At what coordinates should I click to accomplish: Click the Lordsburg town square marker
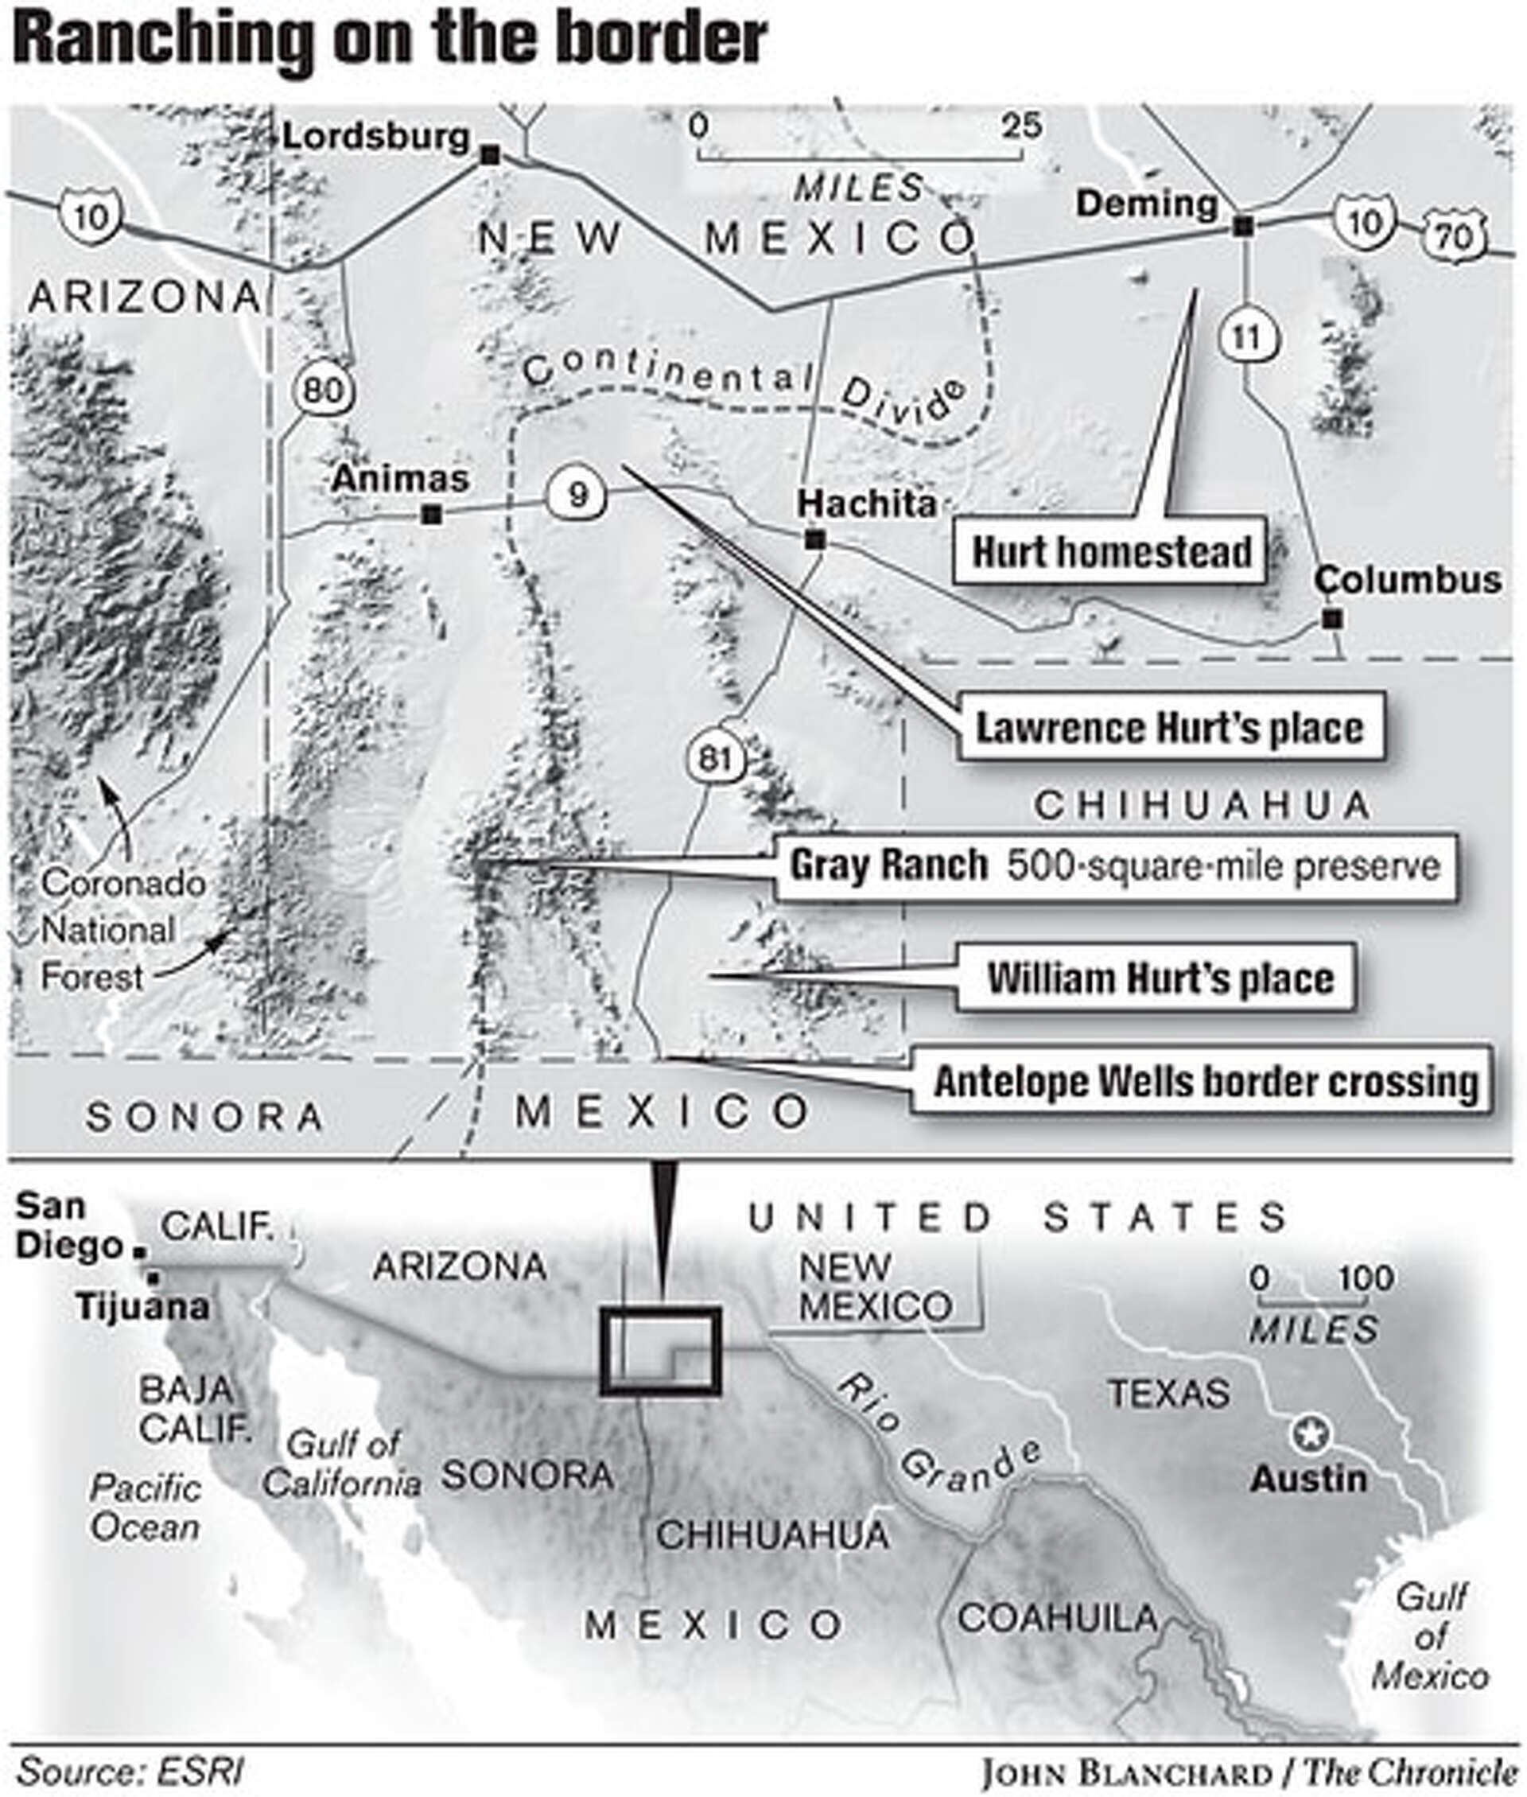tap(490, 155)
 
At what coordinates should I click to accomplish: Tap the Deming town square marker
tap(1243, 226)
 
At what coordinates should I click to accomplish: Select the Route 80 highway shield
tap(323, 390)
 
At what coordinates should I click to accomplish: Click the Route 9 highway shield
tap(577, 494)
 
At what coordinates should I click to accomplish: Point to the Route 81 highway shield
tap(715, 758)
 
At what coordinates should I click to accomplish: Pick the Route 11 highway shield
tap(1245, 336)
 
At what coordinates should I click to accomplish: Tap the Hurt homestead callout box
tap(1110, 552)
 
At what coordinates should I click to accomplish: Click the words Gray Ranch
tap(888, 865)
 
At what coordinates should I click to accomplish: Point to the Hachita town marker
tap(814, 540)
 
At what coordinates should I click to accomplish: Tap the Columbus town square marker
tap(1332, 619)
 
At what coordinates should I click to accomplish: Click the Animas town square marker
tap(430, 515)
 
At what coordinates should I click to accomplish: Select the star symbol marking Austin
tap(1310, 1435)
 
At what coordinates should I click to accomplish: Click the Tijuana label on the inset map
tap(143, 1307)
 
